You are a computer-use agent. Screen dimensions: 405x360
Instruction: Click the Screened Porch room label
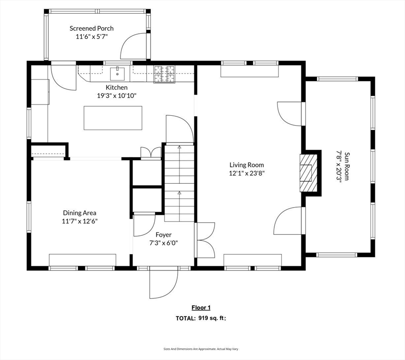tap(91, 29)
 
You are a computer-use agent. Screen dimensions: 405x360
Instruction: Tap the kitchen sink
tap(117, 74)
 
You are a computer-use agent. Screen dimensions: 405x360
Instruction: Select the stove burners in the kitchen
tap(164, 75)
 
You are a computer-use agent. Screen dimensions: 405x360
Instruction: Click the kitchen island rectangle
tap(113, 118)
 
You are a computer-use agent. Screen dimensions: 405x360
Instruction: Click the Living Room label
tap(247, 165)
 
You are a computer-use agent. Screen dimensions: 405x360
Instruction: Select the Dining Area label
tap(80, 213)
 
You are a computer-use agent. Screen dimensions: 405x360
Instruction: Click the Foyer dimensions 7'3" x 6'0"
tap(164, 243)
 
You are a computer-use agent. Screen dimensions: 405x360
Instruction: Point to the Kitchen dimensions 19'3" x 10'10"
tap(117, 96)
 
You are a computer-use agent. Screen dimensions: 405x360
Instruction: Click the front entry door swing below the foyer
tap(164, 283)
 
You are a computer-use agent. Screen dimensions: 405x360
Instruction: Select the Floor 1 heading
tap(201, 307)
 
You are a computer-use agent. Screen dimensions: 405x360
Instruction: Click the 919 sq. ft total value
tap(212, 318)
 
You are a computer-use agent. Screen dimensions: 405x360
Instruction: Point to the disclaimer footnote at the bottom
tap(201, 349)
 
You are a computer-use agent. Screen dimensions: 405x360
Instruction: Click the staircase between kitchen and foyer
tap(179, 183)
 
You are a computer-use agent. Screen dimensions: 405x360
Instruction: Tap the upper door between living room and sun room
tap(289, 114)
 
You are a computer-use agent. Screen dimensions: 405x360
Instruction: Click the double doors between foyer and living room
tap(205, 240)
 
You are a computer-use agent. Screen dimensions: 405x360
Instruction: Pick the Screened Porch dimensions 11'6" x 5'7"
tap(91, 37)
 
